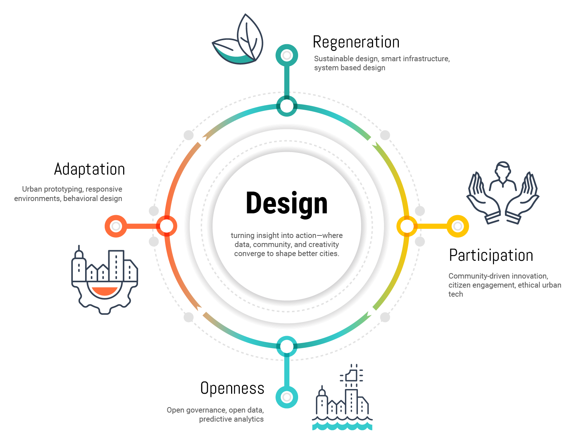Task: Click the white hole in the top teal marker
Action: (287, 56)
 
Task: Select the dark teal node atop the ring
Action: (287, 105)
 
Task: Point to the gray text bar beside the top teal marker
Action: (446, 63)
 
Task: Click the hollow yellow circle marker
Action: (458, 226)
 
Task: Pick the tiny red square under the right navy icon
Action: (488, 250)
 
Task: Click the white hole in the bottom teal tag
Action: (287, 397)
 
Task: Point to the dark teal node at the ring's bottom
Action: (287, 346)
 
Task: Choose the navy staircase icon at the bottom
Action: (344, 395)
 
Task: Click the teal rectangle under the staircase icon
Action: (347, 431)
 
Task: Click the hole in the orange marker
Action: (116, 227)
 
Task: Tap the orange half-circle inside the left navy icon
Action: (106, 291)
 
